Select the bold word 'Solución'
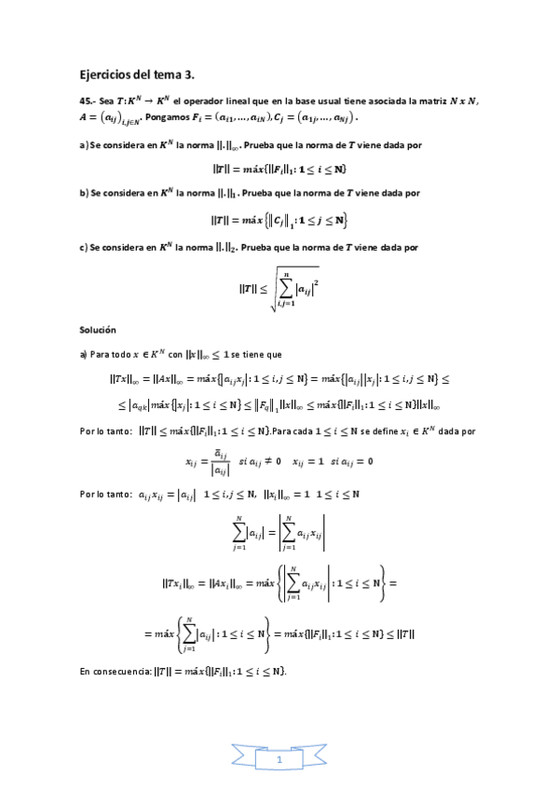[98, 331]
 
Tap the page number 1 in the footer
[279, 761]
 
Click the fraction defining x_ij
[215, 462]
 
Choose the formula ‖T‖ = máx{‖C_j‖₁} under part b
[279, 220]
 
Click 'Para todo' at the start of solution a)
[108, 354]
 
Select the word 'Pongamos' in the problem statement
[168, 118]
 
